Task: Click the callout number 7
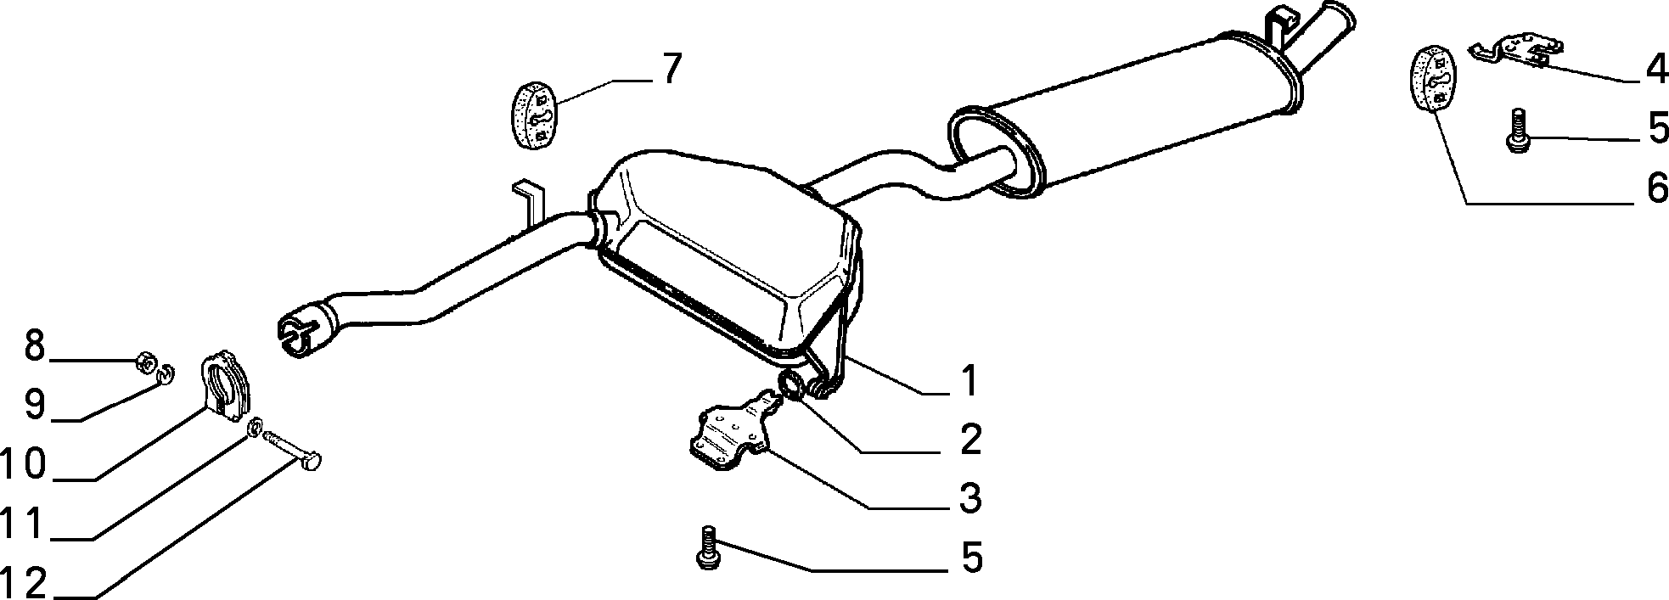(x=671, y=69)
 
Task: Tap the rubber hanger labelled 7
(x=532, y=115)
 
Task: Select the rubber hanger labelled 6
(x=1434, y=79)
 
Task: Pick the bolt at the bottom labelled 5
(x=705, y=547)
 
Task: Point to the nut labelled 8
(x=144, y=365)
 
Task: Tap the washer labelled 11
(x=254, y=429)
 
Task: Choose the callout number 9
(x=34, y=405)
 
